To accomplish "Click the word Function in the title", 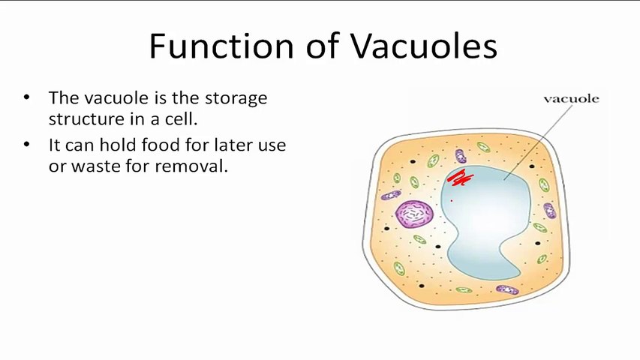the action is [221, 45].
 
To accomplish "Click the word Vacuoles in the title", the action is [424, 45].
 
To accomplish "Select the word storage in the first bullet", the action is [236, 99].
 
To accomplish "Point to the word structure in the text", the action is [86, 119].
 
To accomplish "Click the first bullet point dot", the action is [27, 97].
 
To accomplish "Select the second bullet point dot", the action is [27, 144].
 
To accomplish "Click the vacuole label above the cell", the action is [572, 99].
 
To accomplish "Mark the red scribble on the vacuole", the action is [461, 178].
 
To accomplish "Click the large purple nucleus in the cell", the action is [414, 214].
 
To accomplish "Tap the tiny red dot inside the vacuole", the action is [452, 200].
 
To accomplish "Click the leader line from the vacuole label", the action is [538, 142].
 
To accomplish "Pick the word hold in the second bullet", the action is [119, 145].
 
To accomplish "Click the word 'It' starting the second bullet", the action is [53, 145].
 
